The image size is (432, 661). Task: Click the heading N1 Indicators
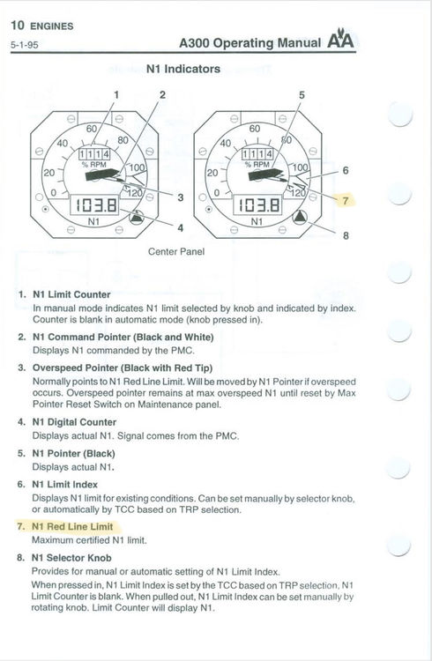point(183,69)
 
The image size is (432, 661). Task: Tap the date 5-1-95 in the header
point(25,45)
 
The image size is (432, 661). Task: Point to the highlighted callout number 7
point(346,200)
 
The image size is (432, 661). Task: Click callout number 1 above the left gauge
point(117,94)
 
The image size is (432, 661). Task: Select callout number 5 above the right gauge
point(302,95)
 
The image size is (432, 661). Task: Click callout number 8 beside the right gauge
point(346,235)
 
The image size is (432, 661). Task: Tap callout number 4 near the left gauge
point(181,228)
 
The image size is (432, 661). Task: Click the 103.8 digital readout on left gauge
point(94,205)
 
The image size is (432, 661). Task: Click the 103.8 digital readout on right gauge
point(257,205)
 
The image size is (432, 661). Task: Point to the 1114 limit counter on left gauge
point(94,154)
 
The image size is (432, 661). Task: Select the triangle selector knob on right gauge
point(300,218)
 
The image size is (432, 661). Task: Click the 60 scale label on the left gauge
point(92,129)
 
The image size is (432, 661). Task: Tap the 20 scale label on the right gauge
point(212,173)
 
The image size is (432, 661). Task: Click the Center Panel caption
point(176,252)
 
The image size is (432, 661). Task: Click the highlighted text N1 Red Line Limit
point(72,526)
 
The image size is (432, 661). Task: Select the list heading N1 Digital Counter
point(74,422)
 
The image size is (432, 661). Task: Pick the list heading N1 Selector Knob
point(72,558)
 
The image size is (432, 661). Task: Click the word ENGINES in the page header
point(52,26)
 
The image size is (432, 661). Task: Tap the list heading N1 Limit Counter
point(71,294)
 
